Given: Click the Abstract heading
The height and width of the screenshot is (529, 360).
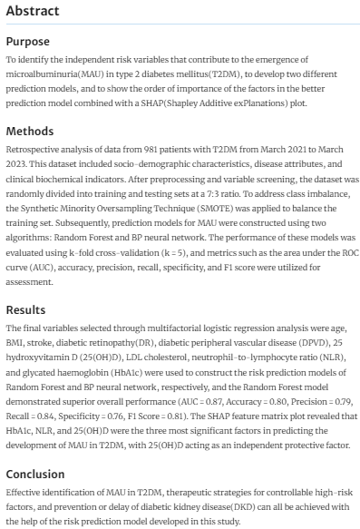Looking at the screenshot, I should tap(33, 12).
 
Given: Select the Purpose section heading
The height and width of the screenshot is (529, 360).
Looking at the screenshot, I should tap(28, 42).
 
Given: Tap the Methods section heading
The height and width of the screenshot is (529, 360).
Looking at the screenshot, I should tap(30, 129).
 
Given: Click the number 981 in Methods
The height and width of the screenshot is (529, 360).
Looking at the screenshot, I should tap(144, 146).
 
